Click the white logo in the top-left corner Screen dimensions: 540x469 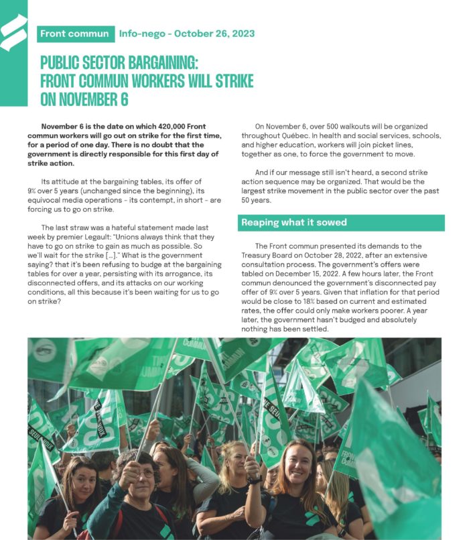tap(13, 34)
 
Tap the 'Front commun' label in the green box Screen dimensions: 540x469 tap(74, 34)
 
